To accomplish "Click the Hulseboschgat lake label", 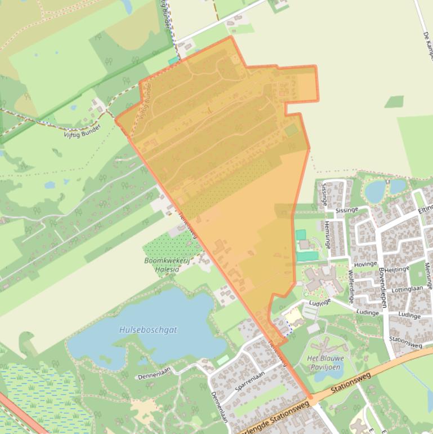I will pyautogui.click(x=148, y=330).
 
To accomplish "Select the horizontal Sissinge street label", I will pyautogui.click(x=347, y=210).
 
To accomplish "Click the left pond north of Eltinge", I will pyautogui.click(x=375, y=191).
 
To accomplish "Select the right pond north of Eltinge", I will pyautogui.click(x=398, y=186).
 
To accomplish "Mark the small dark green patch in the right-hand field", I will pyautogui.click(x=394, y=101).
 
